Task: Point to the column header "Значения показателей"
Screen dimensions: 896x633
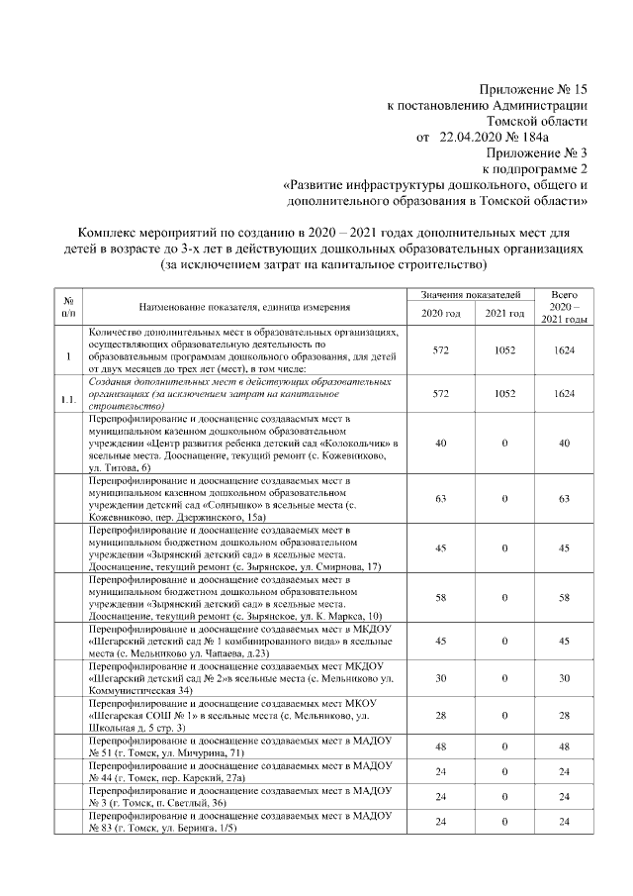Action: click(470, 295)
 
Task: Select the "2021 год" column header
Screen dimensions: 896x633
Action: click(504, 314)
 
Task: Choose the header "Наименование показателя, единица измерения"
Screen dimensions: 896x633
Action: click(243, 306)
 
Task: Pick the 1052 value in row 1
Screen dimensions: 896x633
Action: click(504, 350)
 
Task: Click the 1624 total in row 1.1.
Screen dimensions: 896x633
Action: click(565, 394)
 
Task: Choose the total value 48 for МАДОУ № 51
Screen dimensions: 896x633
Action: click(565, 747)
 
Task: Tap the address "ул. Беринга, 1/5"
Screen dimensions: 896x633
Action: click(203, 829)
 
